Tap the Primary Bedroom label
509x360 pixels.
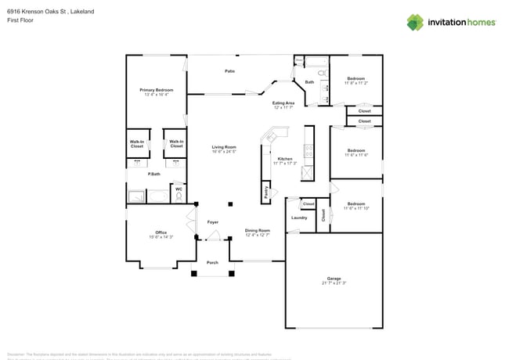pyautogui.click(x=157, y=91)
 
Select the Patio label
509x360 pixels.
pyautogui.click(x=229, y=71)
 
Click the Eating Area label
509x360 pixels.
pyautogui.click(x=283, y=103)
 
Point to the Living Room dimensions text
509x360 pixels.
pyautogui.click(x=224, y=152)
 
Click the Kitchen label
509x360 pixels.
pyautogui.click(x=284, y=159)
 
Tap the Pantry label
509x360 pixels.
pyautogui.click(x=267, y=193)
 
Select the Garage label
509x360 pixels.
pyautogui.click(x=334, y=279)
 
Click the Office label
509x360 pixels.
pyautogui.click(x=161, y=232)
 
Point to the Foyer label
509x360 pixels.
pyautogui.click(x=212, y=223)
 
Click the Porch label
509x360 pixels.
pyautogui.click(x=212, y=262)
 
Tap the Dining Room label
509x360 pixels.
pyautogui.click(x=257, y=230)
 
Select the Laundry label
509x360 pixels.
pyautogui.click(x=298, y=218)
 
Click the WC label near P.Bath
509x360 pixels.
pyautogui.click(x=179, y=189)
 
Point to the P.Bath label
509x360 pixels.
pyautogui.click(x=154, y=174)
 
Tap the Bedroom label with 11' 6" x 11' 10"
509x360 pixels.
pyautogui.click(x=356, y=203)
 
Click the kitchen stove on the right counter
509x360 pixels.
pyautogui.click(x=309, y=149)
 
